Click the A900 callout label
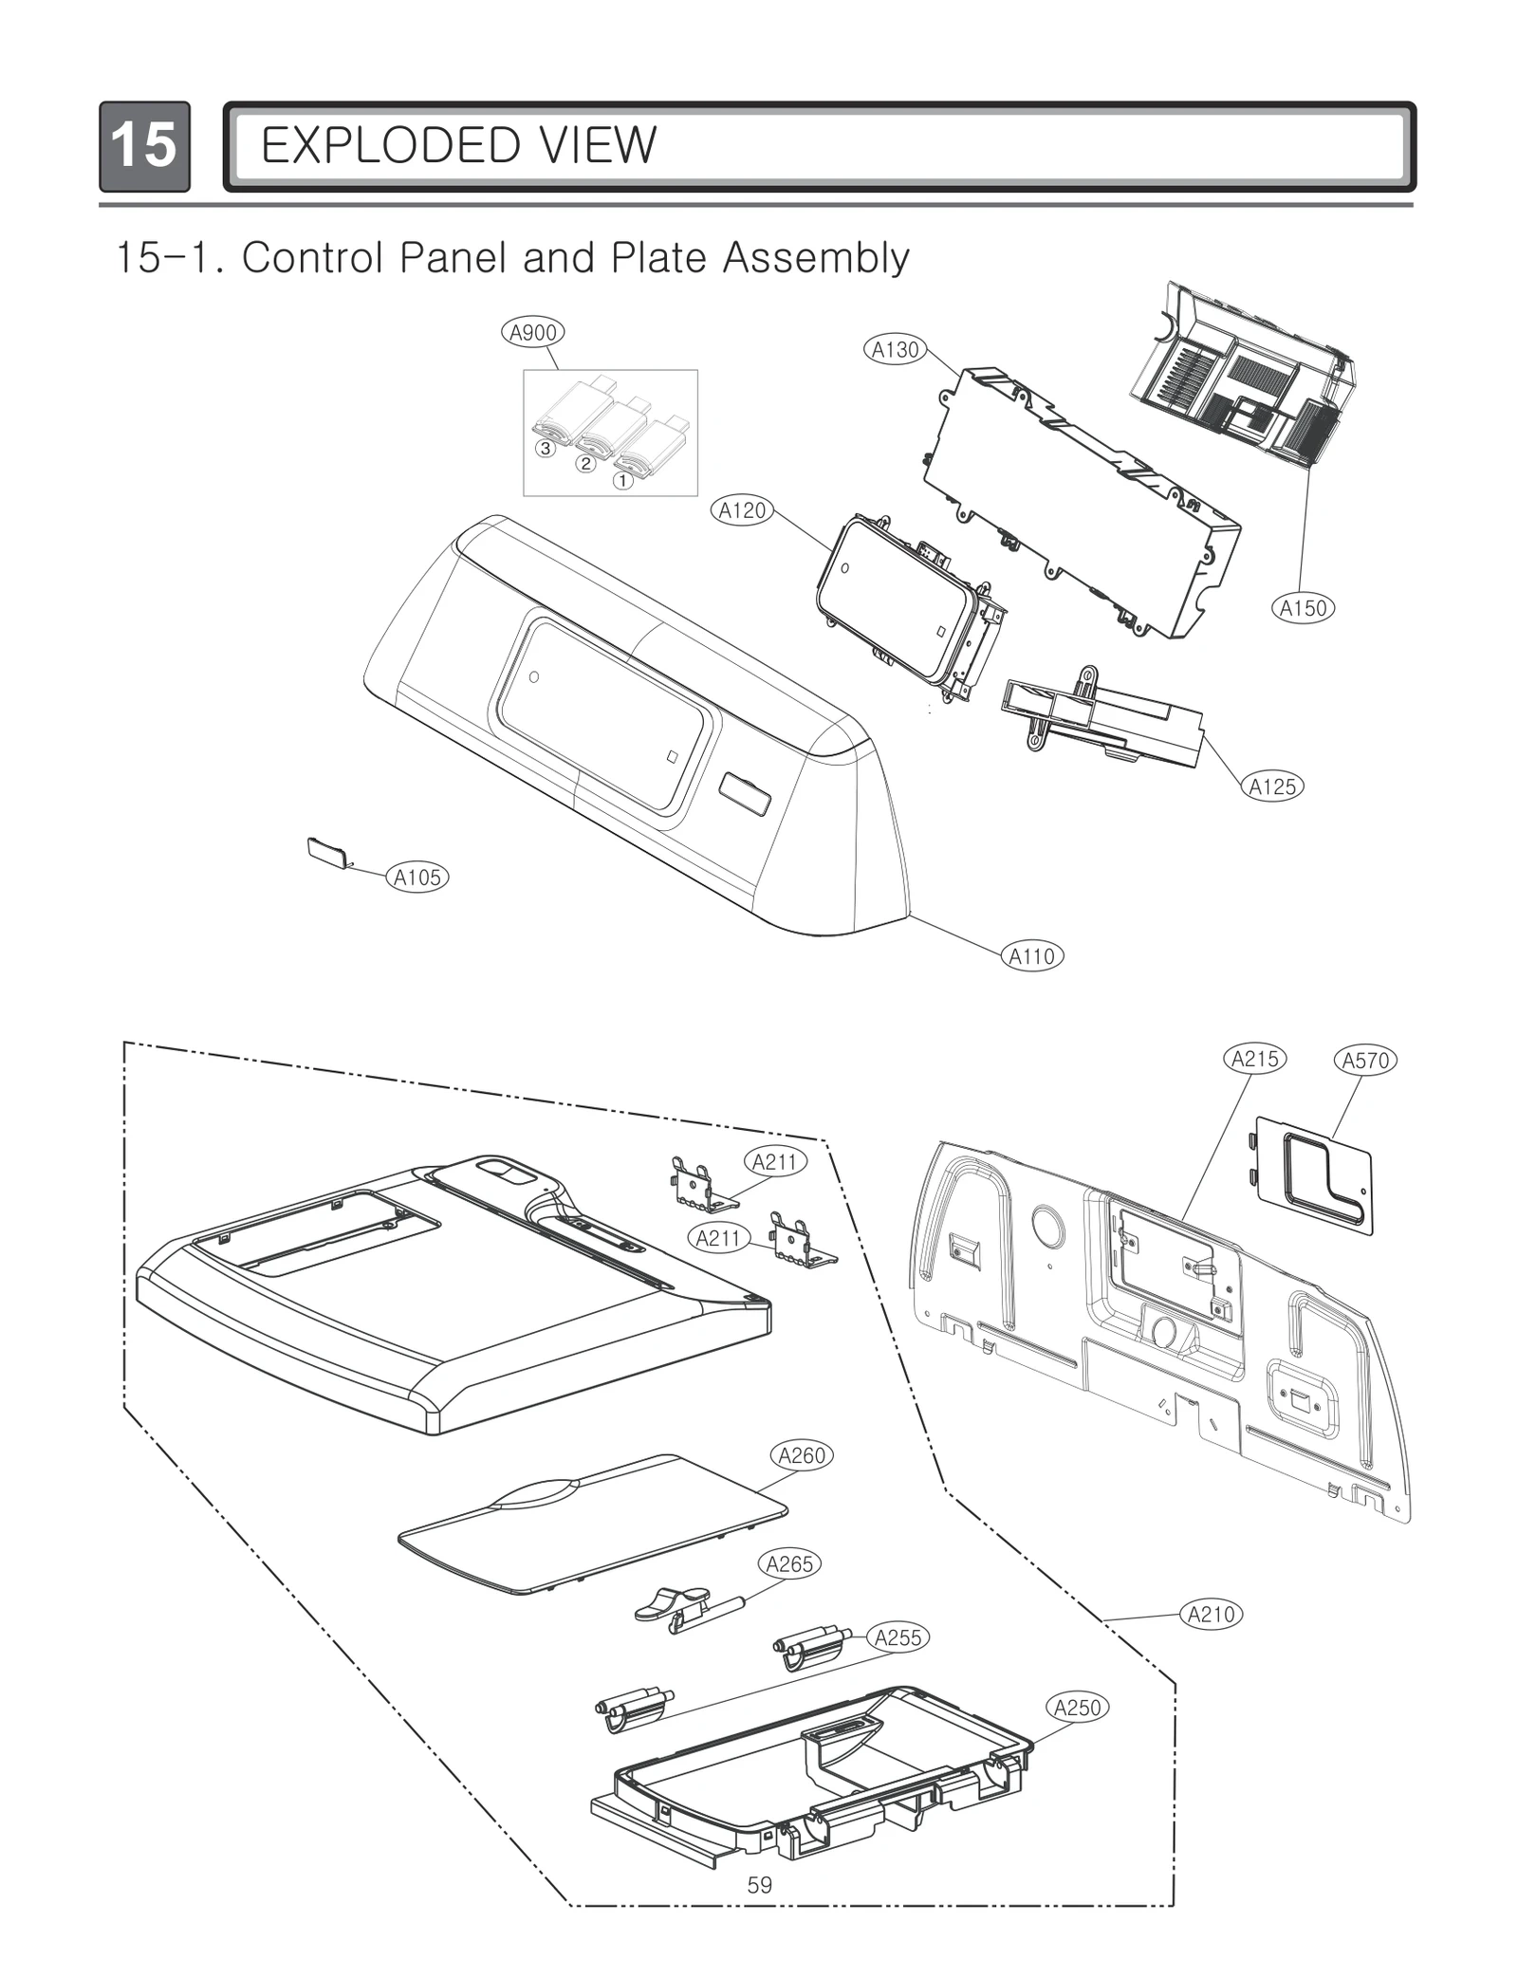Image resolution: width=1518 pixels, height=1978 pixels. point(532,332)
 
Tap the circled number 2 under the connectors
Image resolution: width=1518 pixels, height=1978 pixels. point(586,464)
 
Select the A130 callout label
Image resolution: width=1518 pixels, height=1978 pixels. point(896,349)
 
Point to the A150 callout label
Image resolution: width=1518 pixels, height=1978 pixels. point(1303,608)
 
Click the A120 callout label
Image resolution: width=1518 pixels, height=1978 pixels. point(742,510)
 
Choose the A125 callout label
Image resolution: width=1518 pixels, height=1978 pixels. point(1272,786)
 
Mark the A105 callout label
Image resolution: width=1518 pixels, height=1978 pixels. point(417,878)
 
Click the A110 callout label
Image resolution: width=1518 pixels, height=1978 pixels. point(1032,956)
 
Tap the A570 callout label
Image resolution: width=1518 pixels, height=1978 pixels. point(1365,1061)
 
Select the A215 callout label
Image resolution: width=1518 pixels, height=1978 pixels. point(1254,1059)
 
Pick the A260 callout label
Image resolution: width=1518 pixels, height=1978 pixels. point(802,1455)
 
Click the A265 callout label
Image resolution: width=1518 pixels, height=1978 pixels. point(789,1564)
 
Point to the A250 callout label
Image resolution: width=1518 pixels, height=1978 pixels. point(1078,1708)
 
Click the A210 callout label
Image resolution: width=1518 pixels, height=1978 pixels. point(1212,1614)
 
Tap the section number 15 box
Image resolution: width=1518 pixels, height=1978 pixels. point(144,146)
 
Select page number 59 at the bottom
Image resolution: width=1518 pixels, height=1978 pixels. point(759,1885)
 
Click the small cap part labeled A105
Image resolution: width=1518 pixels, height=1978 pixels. point(328,852)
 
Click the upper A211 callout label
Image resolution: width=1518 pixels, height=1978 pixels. point(775,1162)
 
